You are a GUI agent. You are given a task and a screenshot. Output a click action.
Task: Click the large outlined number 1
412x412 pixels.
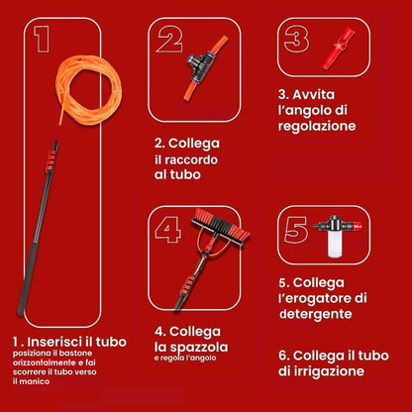[41, 39]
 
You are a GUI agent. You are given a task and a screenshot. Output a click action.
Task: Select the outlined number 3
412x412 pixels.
[293, 40]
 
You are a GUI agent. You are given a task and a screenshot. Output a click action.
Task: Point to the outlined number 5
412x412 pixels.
[294, 231]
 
